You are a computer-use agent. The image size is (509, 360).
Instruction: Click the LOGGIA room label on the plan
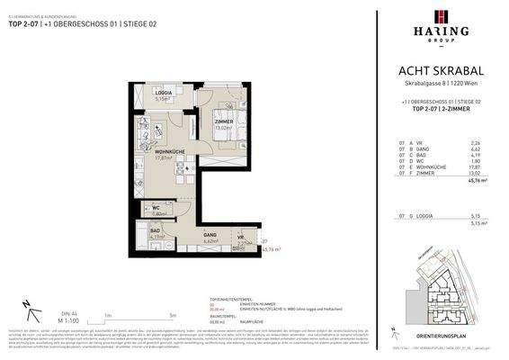point(164,94)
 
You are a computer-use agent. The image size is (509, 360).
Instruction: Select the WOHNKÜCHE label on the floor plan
point(169,151)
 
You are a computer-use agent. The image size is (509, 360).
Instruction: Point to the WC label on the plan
point(156,208)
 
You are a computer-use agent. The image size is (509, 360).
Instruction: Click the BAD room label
point(156,230)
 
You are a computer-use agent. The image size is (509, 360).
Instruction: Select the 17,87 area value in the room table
point(478,166)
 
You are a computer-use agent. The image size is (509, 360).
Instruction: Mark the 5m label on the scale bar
point(171,316)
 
